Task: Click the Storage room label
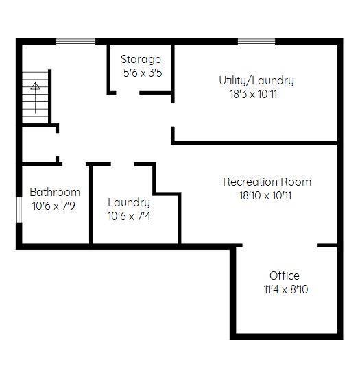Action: point(141,60)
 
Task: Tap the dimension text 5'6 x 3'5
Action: point(143,73)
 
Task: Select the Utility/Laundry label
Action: point(256,81)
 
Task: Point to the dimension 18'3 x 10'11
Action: point(253,95)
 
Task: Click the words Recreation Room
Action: point(267,182)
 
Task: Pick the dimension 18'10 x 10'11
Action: point(265,195)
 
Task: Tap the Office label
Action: point(285,276)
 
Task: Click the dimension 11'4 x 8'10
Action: point(286,289)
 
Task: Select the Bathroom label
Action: point(55,192)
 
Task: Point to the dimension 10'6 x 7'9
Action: point(53,206)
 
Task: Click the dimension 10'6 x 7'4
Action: point(129,216)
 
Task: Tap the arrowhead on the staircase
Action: point(35,86)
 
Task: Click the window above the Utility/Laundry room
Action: point(256,42)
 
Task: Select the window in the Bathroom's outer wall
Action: point(19,210)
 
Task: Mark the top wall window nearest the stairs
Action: point(75,42)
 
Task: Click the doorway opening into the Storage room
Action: point(128,93)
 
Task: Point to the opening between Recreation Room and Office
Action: point(280,245)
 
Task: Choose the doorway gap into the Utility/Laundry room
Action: point(173,115)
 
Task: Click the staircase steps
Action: point(35,97)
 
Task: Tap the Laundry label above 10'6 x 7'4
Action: point(129,203)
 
